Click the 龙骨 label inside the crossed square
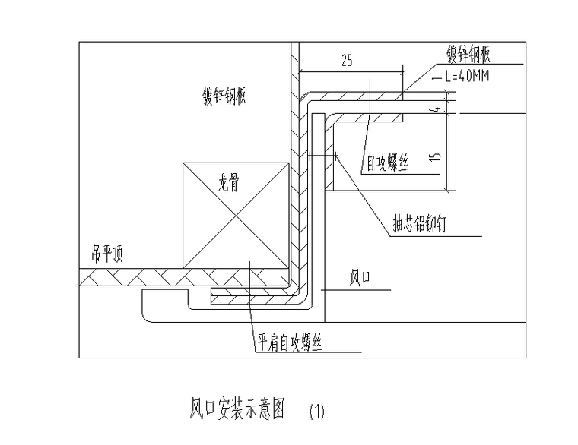point(229,184)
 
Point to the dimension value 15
point(435,158)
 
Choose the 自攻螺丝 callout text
point(388,162)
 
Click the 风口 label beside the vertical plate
point(359,280)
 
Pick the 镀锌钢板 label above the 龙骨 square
point(226,96)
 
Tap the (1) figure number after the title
point(317,412)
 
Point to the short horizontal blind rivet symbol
point(324,156)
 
